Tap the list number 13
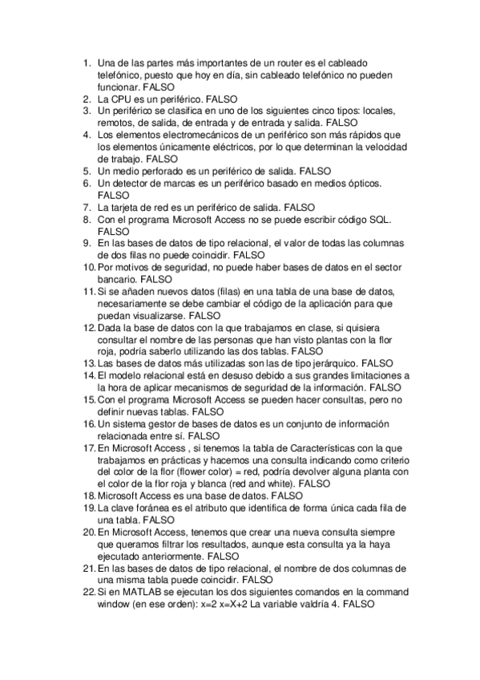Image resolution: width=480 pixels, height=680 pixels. [x=88, y=362]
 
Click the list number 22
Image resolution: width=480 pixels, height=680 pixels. [x=88, y=592]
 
